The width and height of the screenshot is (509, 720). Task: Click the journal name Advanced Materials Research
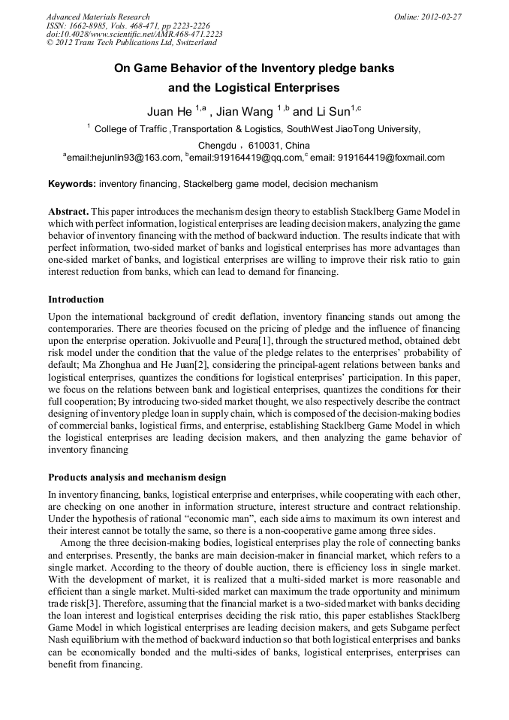pyautogui.click(x=98, y=17)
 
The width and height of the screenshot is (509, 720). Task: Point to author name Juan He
pyautogui.click(x=169, y=113)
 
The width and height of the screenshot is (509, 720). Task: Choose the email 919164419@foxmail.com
pyautogui.click(x=391, y=158)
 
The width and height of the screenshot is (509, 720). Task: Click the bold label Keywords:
pyautogui.click(x=71, y=184)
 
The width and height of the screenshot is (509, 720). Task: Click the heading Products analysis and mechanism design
pyautogui.click(x=137, y=477)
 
